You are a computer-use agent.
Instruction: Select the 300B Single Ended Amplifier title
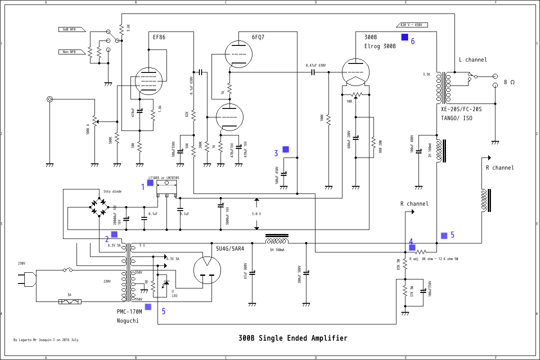[293, 338]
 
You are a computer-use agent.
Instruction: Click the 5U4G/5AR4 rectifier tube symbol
[207, 270]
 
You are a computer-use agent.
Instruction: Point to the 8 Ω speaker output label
[509, 82]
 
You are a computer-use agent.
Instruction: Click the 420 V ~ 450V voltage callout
[412, 25]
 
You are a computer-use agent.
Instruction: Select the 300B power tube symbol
[355, 72]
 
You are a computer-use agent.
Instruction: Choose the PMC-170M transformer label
[129, 311]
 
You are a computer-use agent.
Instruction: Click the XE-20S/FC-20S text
[461, 109]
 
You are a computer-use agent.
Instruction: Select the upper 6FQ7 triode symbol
[238, 54]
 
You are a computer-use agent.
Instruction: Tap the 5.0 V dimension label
[256, 214]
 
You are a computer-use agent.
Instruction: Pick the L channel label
[472, 60]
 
